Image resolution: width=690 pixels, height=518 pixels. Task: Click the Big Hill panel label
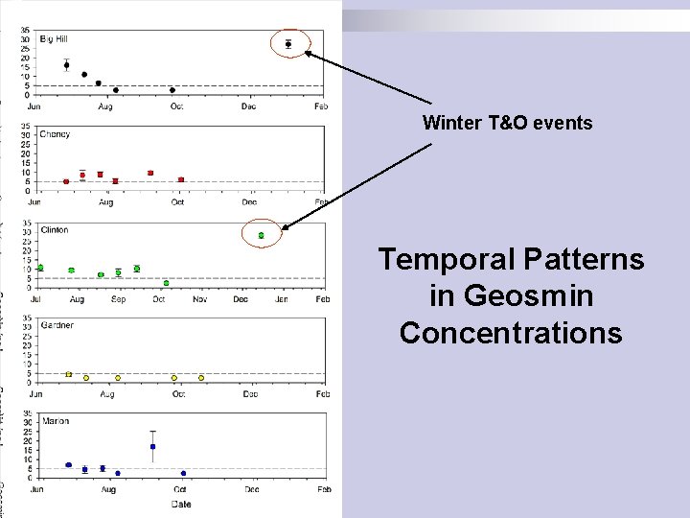(53, 38)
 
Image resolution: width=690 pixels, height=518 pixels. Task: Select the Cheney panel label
(55, 134)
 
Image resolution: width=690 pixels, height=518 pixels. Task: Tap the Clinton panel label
(55, 230)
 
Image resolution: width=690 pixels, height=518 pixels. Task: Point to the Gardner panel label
(57, 325)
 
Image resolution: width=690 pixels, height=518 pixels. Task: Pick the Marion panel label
(54, 421)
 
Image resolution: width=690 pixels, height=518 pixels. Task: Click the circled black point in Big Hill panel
(288, 44)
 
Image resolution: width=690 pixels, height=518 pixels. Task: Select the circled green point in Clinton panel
(261, 235)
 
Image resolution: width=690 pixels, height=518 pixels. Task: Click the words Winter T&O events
(508, 123)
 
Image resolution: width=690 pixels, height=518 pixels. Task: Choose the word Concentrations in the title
(511, 333)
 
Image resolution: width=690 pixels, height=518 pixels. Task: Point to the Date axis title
(180, 503)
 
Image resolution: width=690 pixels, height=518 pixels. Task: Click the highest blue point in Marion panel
(152, 447)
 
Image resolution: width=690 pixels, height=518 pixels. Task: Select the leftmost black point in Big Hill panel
(66, 65)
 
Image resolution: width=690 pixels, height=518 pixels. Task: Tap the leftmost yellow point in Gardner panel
(68, 374)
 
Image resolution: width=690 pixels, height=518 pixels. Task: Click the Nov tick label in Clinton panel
(200, 299)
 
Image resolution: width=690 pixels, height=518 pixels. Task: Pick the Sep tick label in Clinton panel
(118, 299)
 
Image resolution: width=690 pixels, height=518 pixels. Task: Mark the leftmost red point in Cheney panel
(66, 181)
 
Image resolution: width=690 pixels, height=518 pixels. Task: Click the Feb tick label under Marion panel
(323, 489)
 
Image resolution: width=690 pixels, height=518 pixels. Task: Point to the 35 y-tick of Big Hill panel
(25, 30)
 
